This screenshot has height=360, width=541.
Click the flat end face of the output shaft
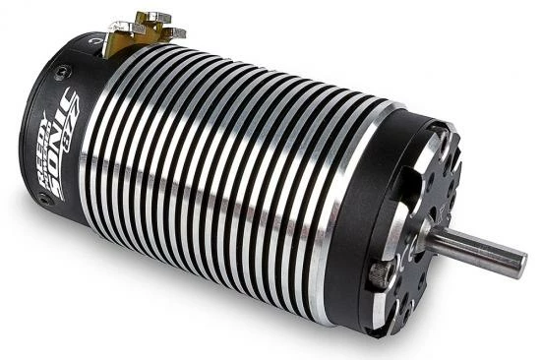coord(521,265)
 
